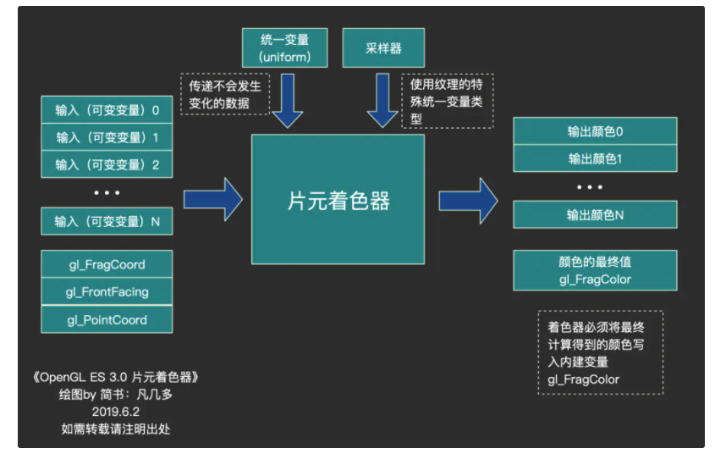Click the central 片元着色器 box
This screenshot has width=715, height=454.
[x=338, y=199]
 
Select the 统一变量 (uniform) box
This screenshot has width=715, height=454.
[x=284, y=47]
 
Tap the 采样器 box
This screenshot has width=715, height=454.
[x=383, y=47]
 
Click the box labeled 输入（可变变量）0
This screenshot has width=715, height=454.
[x=107, y=110]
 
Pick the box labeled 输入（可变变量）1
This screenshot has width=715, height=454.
[x=107, y=137]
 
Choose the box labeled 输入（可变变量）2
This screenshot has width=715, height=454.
[x=107, y=164]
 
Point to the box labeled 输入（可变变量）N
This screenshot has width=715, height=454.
[x=107, y=221]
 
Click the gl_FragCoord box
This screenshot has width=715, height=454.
[x=107, y=264]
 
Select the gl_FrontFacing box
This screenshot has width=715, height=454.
[x=107, y=292]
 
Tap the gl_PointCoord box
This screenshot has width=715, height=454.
[x=107, y=319]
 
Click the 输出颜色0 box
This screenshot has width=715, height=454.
[x=595, y=131]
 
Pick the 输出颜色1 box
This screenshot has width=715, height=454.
[x=595, y=158]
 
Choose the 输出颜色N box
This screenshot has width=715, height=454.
[x=595, y=214]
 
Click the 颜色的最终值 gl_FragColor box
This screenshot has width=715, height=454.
[x=595, y=270]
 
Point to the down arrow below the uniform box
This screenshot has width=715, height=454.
[x=288, y=99]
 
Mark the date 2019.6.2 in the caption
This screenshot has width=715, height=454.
[x=116, y=411]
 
